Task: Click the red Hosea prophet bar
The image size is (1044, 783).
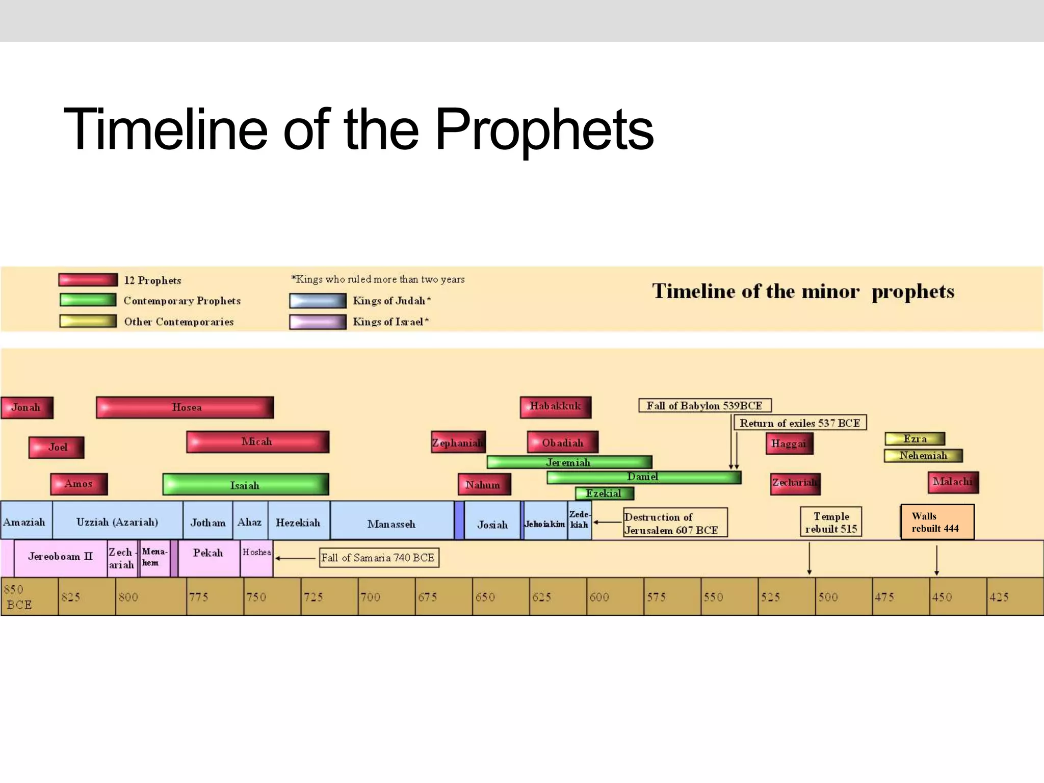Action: [185, 407]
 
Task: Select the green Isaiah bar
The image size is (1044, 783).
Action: [245, 484]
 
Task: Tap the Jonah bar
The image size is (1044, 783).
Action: [27, 407]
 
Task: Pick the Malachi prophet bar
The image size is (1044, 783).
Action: [953, 482]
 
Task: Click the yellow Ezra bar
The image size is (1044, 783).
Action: [915, 439]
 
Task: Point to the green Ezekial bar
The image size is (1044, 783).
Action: [604, 493]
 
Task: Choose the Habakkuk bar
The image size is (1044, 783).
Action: [555, 407]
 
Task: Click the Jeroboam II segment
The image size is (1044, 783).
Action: [60, 557]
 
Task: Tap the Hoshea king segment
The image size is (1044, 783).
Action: [256, 558]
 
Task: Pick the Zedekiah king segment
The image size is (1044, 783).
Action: [580, 520]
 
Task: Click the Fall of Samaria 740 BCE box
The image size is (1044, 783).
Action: [378, 558]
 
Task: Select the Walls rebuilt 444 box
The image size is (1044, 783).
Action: [937, 522]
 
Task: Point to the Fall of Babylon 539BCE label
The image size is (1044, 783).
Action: [704, 406]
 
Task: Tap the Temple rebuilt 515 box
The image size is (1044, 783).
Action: [830, 522]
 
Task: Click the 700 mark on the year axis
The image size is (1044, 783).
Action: [371, 597]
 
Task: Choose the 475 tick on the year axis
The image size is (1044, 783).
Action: [884, 597]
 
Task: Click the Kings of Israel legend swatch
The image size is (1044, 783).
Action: [318, 322]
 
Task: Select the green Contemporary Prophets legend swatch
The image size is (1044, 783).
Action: [88, 300]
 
